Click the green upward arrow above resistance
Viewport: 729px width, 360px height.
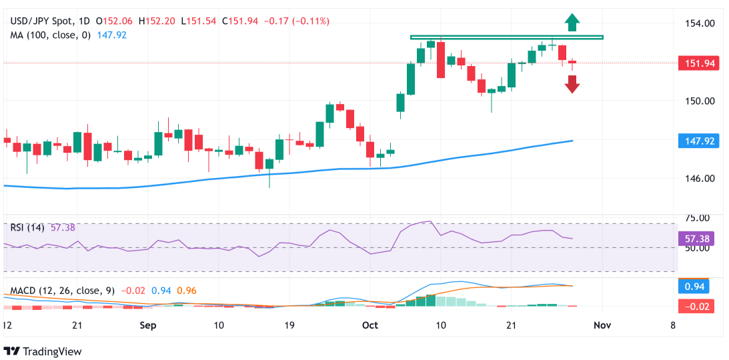571,22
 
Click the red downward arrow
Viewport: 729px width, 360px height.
572,84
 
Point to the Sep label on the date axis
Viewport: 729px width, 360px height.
148,325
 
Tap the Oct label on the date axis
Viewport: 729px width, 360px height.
370,325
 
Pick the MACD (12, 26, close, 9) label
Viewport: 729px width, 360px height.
62,291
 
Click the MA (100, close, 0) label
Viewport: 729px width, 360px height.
50,35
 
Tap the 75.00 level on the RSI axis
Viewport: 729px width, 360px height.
697,217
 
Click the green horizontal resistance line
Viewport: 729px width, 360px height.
506,37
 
